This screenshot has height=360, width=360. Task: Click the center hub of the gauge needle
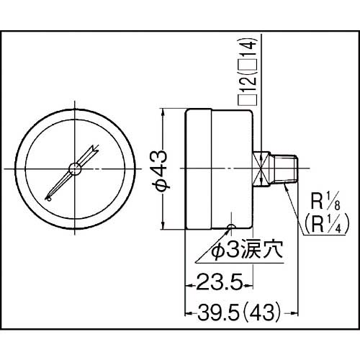click(74, 168)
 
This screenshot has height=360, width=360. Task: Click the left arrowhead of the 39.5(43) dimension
click(189, 315)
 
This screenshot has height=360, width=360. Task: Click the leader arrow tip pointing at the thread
click(286, 184)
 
